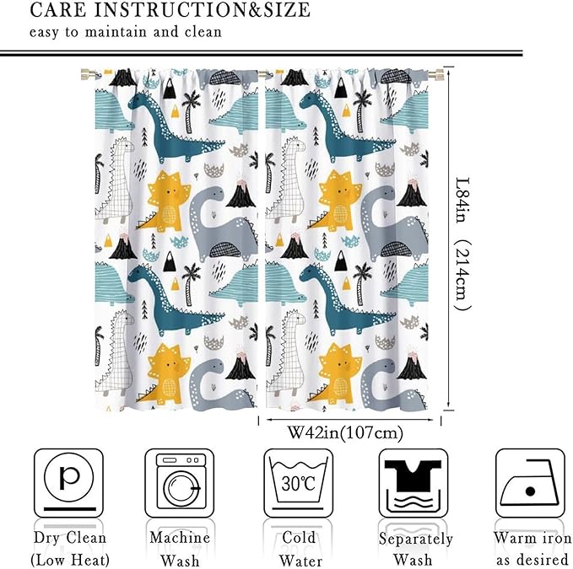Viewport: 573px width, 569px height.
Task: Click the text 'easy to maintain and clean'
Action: (x=126, y=33)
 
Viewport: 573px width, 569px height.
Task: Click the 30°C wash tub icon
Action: (x=298, y=482)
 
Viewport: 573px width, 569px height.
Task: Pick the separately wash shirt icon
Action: (x=414, y=482)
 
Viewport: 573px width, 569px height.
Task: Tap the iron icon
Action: (x=529, y=482)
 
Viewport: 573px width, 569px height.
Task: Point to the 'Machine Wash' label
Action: (x=179, y=548)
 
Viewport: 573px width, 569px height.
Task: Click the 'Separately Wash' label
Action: (x=415, y=548)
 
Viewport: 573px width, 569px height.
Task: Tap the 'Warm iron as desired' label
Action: (x=530, y=548)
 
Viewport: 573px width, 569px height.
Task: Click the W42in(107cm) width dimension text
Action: (x=345, y=433)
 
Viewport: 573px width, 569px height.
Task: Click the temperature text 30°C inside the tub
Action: (x=298, y=484)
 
